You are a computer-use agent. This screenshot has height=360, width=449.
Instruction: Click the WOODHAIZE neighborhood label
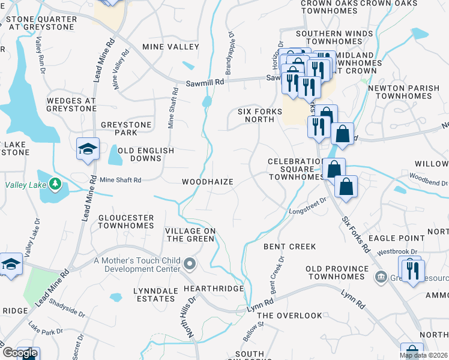[208, 181]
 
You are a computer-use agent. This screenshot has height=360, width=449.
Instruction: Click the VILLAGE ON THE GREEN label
[190, 235]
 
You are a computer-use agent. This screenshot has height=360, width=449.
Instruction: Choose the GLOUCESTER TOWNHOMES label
[125, 221]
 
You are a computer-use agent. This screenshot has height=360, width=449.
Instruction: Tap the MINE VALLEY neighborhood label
[170, 47]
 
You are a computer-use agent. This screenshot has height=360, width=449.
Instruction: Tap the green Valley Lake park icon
[55, 183]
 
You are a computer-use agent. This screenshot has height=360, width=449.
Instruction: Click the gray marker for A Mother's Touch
[190, 263]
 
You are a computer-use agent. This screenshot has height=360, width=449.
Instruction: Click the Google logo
[20, 353]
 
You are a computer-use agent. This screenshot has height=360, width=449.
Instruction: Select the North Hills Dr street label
[190, 314]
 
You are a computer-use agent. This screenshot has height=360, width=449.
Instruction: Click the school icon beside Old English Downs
[88, 149]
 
